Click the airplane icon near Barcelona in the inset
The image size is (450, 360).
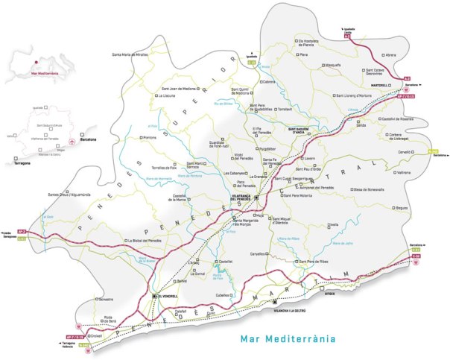click(x=70, y=139)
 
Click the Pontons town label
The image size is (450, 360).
click(x=150, y=137)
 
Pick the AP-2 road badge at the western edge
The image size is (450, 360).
click(x=22, y=233)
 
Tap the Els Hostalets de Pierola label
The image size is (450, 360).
click(x=317, y=42)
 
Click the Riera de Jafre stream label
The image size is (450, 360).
click(x=342, y=244)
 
